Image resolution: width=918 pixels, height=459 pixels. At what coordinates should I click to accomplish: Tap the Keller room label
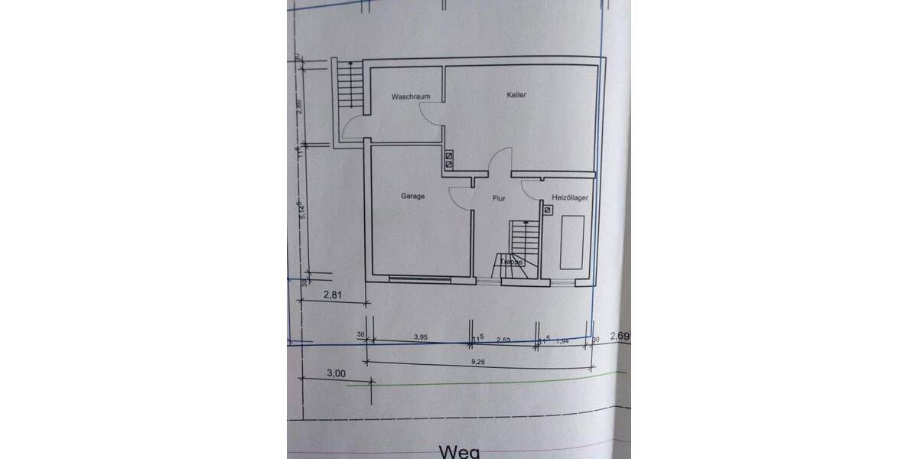point(516,95)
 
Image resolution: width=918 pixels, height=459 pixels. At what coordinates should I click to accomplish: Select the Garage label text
point(412,196)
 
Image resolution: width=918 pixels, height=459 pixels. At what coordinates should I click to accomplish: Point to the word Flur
point(499,198)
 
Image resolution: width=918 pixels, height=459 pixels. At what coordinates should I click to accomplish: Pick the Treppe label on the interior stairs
point(511,262)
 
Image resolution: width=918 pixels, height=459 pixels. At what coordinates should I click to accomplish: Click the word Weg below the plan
point(458,452)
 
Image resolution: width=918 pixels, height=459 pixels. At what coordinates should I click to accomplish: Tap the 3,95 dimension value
point(420,336)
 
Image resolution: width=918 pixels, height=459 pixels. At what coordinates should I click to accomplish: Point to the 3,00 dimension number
point(336,373)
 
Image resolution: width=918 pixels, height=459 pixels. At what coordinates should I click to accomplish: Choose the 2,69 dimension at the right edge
point(619,335)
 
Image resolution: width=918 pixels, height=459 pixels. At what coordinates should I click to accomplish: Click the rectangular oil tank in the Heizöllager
point(572,242)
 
